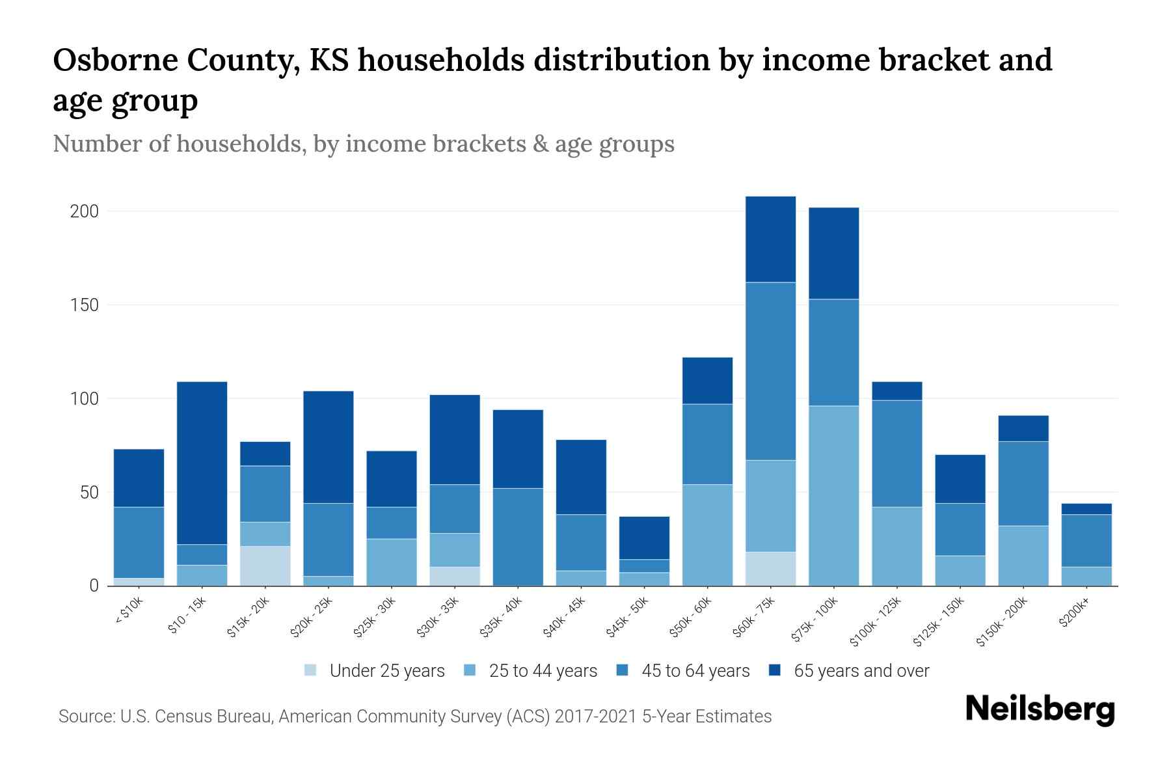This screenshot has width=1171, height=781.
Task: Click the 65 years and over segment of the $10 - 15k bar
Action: [202, 463]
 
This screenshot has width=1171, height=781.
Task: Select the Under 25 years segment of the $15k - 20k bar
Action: [265, 566]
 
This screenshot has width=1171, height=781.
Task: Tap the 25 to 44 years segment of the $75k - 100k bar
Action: [833, 495]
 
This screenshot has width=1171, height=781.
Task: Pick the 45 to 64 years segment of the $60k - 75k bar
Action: [770, 371]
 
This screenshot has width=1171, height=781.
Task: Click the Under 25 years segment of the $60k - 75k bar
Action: [770, 569]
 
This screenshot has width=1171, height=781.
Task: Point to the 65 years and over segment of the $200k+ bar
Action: [1086, 509]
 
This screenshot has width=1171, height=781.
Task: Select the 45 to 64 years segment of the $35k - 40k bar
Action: [518, 536]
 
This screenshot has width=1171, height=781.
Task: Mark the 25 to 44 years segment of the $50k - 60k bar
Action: [707, 534]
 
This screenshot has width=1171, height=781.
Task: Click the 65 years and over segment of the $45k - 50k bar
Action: [644, 538]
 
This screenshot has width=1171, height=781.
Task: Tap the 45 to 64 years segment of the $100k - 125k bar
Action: [896, 453]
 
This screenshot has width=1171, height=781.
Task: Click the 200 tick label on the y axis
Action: [84, 212]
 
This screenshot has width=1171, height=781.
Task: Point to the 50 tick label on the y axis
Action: [89, 492]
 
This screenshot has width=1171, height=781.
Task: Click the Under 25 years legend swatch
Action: [311, 670]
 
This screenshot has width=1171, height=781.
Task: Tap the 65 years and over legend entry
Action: [861, 671]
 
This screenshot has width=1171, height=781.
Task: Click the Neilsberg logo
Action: [1040, 709]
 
